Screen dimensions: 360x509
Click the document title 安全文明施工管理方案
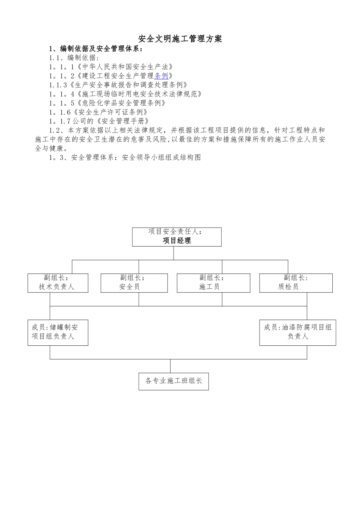(x=180, y=39)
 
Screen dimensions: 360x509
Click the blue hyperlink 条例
(x=161, y=76)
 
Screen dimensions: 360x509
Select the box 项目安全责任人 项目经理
(x=177, y=237)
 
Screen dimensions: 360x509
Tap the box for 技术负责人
(x=58, y=283)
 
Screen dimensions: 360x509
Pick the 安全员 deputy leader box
(x=134, y=283)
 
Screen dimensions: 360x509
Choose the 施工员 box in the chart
(x=213, y=283)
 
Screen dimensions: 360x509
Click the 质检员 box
(x=296, y=283)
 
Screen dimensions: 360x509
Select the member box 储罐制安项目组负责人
(x=58, y=332)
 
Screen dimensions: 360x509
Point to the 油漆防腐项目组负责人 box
(x=297, y=332)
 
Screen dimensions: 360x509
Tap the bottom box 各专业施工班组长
(x=174, y=381)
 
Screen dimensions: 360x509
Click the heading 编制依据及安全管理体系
(x=100, y=49)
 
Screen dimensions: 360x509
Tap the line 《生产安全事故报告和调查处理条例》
(x=129, y=85)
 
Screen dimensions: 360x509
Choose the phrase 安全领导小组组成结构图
(x=161, y=158)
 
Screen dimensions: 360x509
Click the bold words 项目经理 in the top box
(x=177, y=240)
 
